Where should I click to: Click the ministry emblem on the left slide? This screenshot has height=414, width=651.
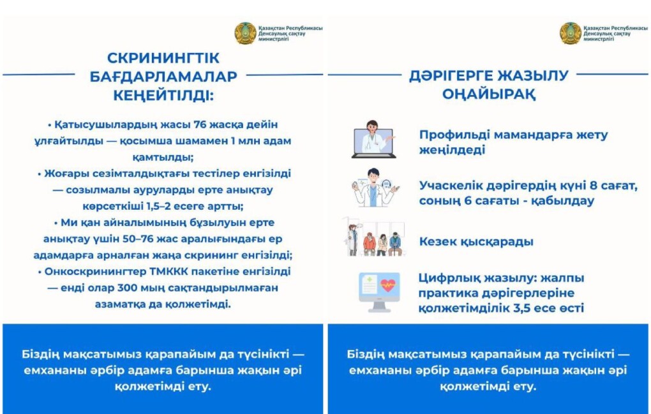246,33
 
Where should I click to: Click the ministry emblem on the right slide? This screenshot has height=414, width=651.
571,33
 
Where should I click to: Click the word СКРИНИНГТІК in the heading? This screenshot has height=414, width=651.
163,57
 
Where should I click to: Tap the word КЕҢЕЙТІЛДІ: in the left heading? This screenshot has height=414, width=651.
163,96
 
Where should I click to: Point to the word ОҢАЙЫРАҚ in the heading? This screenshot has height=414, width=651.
489,94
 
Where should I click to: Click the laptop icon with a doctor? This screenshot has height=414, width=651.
374,139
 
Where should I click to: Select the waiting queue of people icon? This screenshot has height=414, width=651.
375,240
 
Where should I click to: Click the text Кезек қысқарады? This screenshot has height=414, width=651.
476,242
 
